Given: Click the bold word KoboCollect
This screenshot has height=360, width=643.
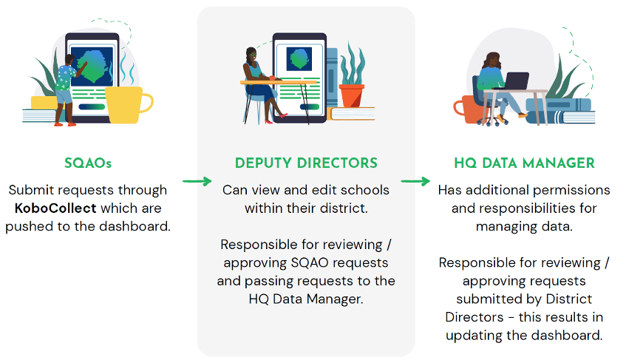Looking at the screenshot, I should [x=55, y=208].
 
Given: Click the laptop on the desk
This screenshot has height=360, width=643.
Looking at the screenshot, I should [x=514, y=81].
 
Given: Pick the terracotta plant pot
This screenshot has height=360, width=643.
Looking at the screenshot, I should [x=351, y=95].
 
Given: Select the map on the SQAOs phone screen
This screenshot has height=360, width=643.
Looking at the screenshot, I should [x=92, y=64].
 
